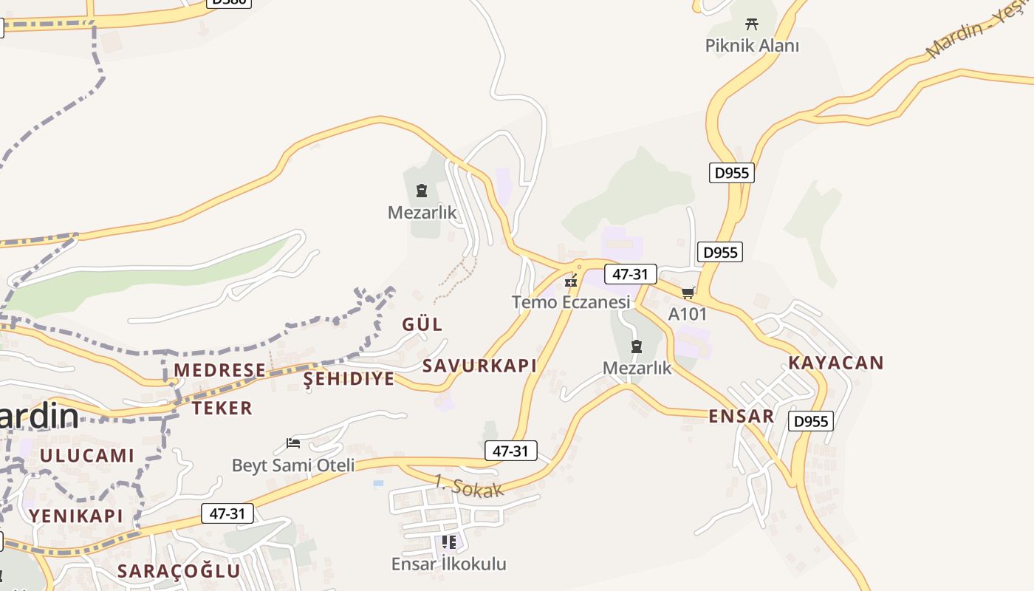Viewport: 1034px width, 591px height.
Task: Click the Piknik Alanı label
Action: point(752,46)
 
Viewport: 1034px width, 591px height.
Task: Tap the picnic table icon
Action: point(752,24)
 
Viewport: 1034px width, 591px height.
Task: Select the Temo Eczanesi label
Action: point(571,302)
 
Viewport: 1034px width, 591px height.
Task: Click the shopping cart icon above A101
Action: point(688,293)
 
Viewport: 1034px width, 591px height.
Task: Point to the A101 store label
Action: point(688,314)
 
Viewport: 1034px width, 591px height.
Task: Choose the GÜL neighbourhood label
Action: point(422,324)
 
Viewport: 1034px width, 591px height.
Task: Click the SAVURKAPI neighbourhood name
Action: point(479,366)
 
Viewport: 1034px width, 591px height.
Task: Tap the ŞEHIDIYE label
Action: point(349,379)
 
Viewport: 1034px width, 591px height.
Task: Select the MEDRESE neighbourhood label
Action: point(219,370)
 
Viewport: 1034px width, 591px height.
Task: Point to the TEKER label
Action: point(222,408)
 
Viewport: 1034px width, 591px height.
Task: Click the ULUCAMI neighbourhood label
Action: point(87,455)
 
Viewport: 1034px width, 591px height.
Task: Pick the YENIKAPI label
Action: point(76,516)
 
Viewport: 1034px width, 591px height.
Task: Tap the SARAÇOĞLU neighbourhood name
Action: point(179,571)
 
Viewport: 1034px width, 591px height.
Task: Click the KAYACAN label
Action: point(835,363)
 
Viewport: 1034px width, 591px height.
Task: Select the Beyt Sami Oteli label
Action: point(293,465)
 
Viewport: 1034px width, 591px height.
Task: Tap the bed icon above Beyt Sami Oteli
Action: point(293,443)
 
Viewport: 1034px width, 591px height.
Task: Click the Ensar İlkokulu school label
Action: point(448,564)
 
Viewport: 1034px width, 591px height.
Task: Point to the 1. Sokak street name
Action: point(468,487)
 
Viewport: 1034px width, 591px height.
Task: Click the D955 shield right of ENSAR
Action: point(811,421)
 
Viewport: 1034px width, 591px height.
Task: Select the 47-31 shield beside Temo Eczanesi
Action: point(630,274)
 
